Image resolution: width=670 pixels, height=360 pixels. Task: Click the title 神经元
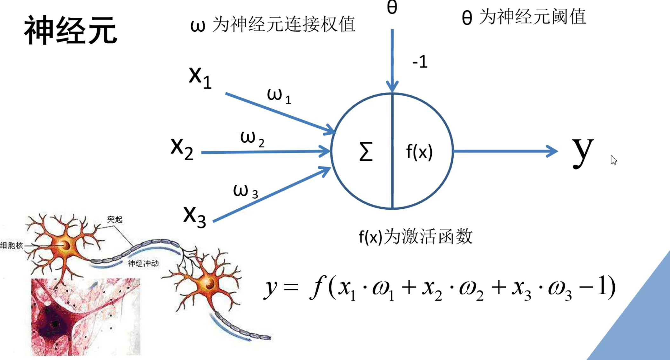pyautogui.click(x=71, y=31)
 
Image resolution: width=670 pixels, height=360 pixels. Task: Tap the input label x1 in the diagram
pyautogui.click(x=200, y=77)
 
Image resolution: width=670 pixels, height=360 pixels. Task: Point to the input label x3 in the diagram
pyautogui.click(x=194, y=216)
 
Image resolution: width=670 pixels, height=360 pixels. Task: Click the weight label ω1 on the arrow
pyautogui.click(x=279, y=96)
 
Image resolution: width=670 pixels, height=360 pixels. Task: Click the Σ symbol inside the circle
pyautogui.click(x=366, y=152)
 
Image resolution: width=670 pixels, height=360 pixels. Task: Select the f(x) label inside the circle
pyautogui.click(x=419, y=152)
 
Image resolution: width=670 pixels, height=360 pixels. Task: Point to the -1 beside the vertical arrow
pyautogui.click(x=420, y=62)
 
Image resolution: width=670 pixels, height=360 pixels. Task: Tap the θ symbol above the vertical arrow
pyautogui.click(x=392, y=8)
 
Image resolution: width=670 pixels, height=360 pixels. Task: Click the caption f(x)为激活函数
pyautogui.click(x=415, y=237)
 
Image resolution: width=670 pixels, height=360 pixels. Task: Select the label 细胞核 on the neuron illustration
pyautogui.click(x=12, y=245)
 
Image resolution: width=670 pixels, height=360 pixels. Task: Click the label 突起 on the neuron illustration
pyautogui.click(x=115, y=219)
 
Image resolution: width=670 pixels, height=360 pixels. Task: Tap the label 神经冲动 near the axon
pyautogui.click(x=143, y=263)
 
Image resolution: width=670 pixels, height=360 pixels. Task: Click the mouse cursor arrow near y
pyautogui.click(x=613, y=160)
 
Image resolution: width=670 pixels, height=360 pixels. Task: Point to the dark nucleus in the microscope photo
pyautogui.click(x=55, y=323)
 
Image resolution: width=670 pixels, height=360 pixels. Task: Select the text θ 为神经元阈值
pyautogui.click(x=524, y=17)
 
